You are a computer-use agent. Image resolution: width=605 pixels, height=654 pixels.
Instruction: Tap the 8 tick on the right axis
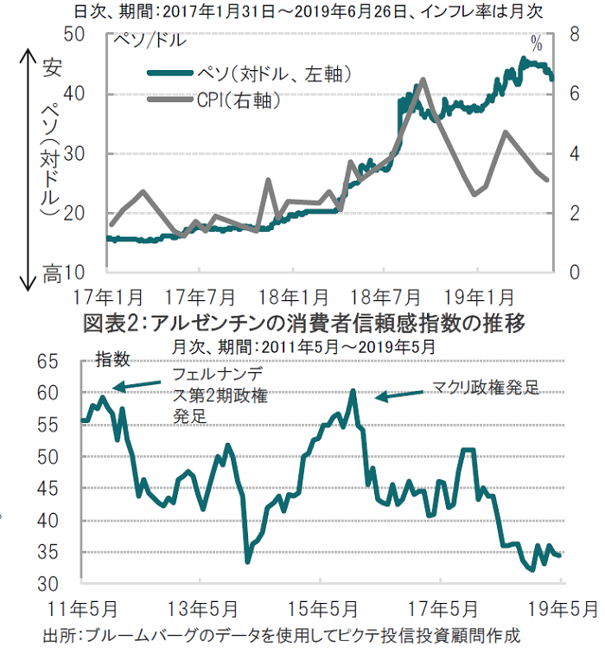tap(571, 35)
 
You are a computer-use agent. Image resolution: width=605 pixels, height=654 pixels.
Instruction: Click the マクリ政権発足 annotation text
tap(485, 388)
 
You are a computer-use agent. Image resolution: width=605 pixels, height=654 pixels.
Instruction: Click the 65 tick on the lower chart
tap(67, 362)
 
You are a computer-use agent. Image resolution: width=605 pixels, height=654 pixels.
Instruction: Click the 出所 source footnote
tap(281, 636)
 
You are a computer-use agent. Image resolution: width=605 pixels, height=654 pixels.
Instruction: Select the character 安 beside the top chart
tap(51, 67)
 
